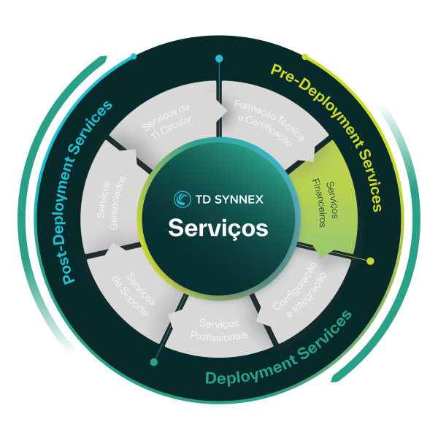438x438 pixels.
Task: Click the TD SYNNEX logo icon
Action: coord(182,199)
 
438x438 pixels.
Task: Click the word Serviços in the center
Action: coord(218,227)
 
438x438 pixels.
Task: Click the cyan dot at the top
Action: coord(218,58)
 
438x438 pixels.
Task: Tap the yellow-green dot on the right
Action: coord(370,261)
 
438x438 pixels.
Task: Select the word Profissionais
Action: coord(218,336)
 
